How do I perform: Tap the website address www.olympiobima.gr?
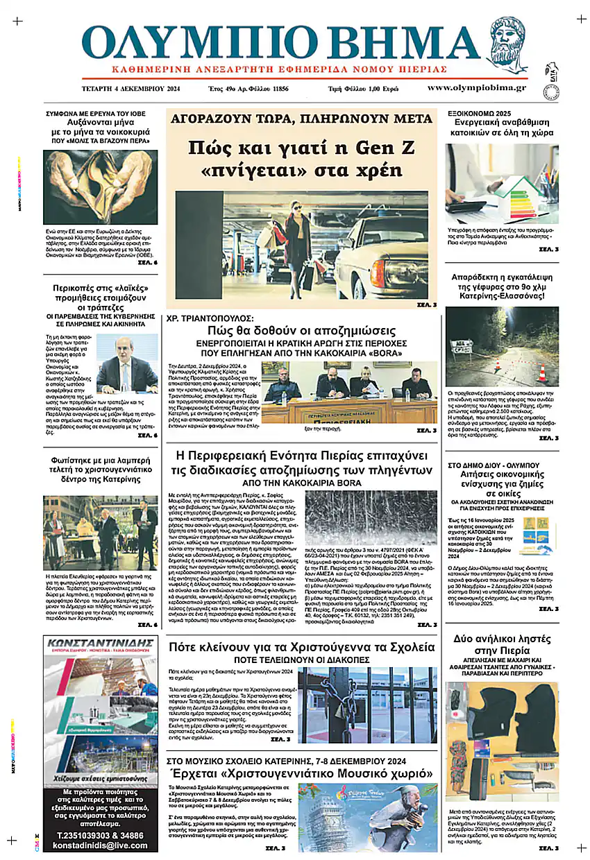[476, 88]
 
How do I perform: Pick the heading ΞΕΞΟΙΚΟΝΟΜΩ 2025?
[479, 112]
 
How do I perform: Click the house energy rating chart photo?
[501, 183]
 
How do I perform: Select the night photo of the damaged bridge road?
[501, 347]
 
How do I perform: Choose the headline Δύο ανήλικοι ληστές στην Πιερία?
[501, 646]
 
